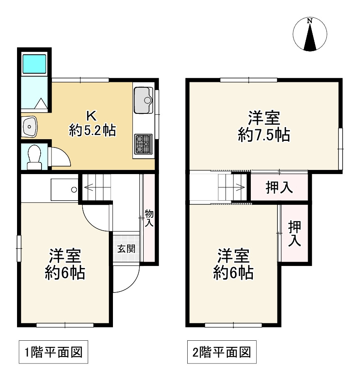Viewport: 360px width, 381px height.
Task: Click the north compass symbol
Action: pyautogui.click(x=310, y=35)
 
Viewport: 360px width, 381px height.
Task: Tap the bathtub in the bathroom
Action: pyautogui.click(x=34, y=63)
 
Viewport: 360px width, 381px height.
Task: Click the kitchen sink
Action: pyautogui.click(x=144, y=100)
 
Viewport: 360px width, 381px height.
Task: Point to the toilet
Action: pyautogui.click(x=34, y=157)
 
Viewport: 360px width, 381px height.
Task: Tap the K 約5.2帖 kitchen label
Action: pyautogui.click(x=92, y=123)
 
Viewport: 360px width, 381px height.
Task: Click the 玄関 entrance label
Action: pyautogui.click(x=125, y=249)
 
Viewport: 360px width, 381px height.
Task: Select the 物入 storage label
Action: pyautogui.click(x=149, y=218)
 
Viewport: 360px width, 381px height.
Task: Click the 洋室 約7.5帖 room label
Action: pyautogui.click(x=264, y=127)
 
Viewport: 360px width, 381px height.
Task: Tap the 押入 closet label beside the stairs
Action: pyautogui.click(x=279, y=188)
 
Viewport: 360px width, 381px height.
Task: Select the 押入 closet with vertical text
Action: pyautogui.click(x=294, y=234)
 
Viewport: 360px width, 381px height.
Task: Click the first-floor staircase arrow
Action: pyautogui.click(x=97, y=187)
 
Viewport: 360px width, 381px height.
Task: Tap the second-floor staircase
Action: pyautogui.click(x=231, y=187)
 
